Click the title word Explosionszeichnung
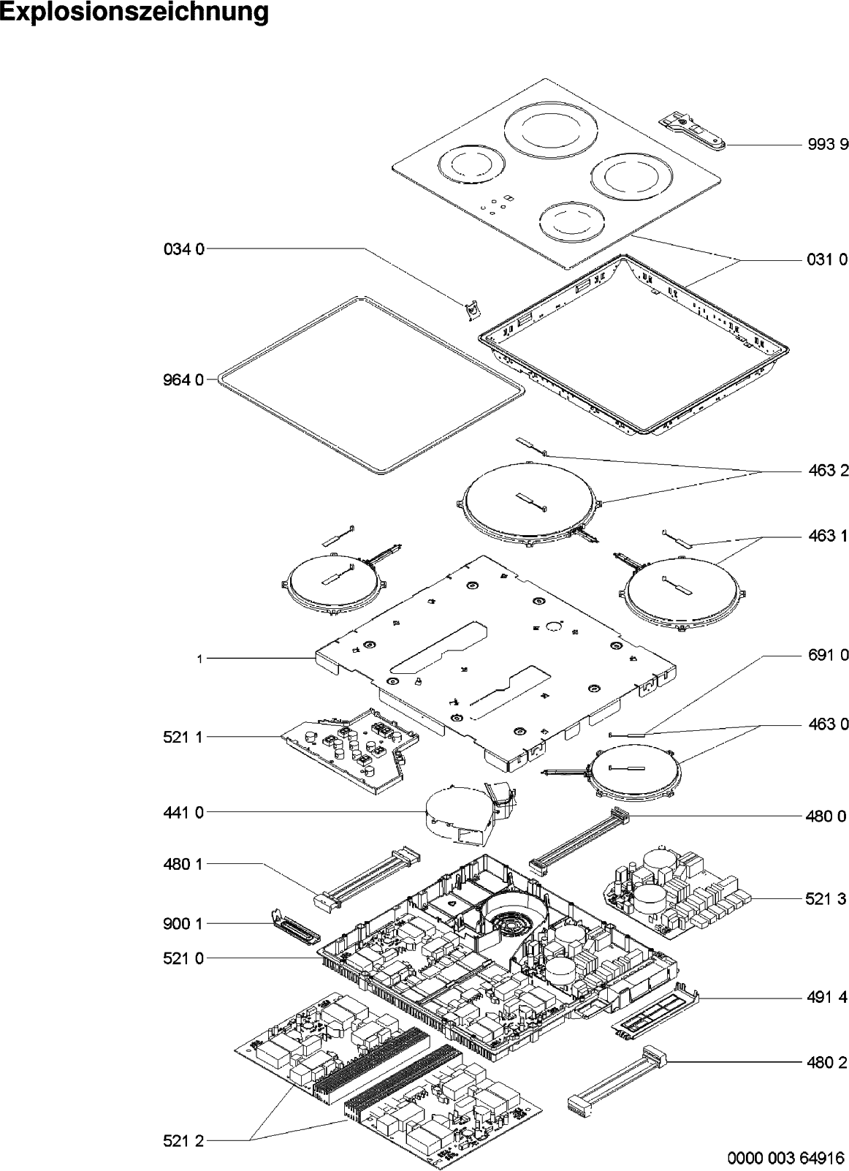(x=134, y=13)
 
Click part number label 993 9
(x=828, y=144)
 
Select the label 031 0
(x=828, y=259)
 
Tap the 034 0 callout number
(x=184, y=249)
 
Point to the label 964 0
(x=184, y=380)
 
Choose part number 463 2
(x=829, y=471)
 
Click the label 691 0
(x=829, y=655)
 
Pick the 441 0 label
(x=184, y=812)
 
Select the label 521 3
(x=826, y=898)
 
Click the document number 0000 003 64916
(x=785, y=1157)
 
